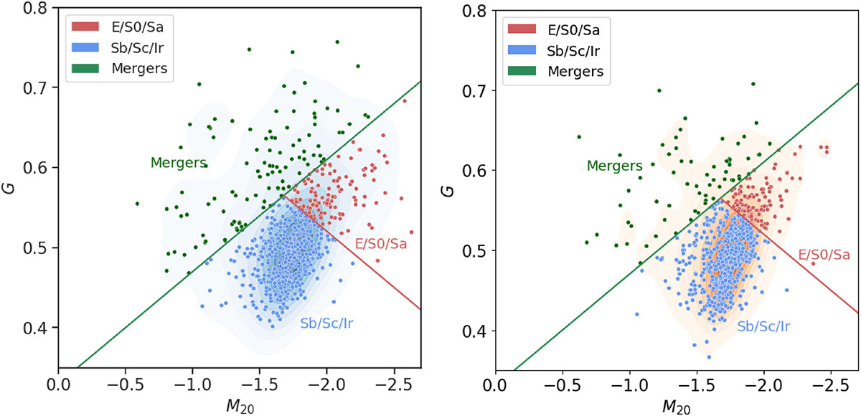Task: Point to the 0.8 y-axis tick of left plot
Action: coord(38,8)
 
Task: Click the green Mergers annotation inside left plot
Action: coord(178,163)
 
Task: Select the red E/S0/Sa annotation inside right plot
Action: coord(824,255)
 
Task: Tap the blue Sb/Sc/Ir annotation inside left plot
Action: coord(329,323)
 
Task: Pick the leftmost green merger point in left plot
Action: coord(137,203)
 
